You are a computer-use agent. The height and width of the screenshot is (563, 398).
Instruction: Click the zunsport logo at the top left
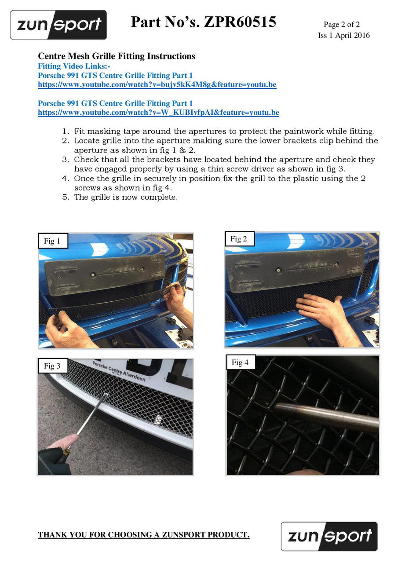pos(58,25)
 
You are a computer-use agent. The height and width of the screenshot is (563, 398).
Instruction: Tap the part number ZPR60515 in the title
pos(240,22)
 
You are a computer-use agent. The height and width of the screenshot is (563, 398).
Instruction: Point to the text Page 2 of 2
pos(341,24)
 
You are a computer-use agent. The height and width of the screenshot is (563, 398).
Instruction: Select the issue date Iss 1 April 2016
pos(344,36)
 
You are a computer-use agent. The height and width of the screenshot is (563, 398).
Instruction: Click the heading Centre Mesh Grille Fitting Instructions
pos(117,56)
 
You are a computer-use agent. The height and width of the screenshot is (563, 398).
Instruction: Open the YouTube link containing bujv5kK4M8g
pos(157,84)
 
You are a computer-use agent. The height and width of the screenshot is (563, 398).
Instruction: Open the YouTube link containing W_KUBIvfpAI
pos(158,112)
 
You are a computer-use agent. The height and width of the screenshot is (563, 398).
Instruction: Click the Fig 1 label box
pos(53,241)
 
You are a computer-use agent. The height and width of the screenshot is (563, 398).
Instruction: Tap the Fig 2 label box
pos(239,238)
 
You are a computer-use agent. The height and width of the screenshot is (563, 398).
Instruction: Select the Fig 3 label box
pos(53,366)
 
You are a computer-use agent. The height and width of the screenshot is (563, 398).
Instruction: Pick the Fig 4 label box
pos(241,362)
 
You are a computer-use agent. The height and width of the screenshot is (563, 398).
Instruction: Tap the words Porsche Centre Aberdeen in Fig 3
pos(119,372)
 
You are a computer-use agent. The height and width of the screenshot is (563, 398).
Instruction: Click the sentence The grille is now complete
pos(126,197)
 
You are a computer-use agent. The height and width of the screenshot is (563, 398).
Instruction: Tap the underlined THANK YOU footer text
pos(144,534)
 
